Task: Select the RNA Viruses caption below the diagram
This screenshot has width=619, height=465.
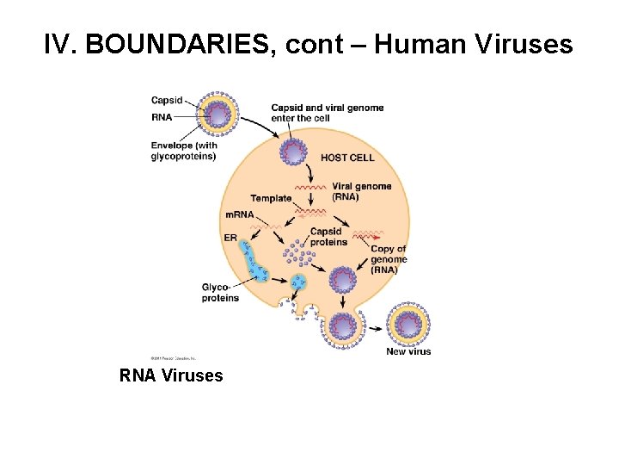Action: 171,375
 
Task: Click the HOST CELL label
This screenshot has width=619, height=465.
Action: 347,158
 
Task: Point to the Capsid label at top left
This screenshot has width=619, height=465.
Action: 167,99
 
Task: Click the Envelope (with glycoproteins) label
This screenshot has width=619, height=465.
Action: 184,151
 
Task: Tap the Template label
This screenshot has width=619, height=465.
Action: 271,199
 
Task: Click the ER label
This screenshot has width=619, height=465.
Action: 230,237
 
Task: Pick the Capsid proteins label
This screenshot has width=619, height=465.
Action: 328,237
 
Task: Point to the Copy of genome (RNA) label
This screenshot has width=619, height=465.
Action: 389,259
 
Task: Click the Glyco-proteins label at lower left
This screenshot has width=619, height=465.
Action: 220,292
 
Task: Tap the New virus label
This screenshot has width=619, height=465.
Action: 408,351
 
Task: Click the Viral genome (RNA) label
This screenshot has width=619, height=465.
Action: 361,191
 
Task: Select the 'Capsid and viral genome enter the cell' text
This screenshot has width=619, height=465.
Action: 327,113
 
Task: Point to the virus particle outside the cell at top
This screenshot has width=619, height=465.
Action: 219,115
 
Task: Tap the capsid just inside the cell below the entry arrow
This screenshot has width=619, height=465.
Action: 294,152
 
